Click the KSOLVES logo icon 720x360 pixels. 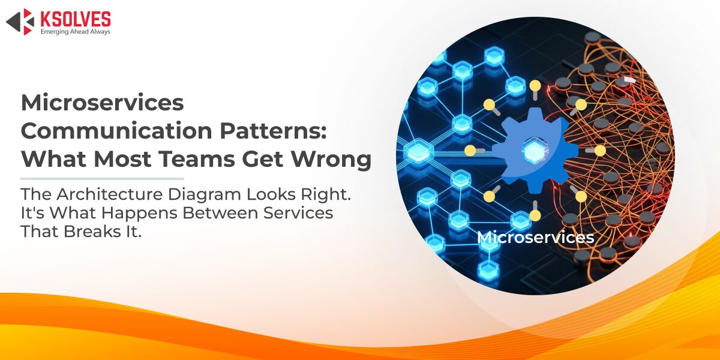[x=20, y=22]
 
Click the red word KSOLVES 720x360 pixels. [x=76, y=19]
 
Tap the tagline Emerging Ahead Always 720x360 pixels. [x=75, y=31]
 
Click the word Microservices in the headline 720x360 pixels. [x=102, y=103]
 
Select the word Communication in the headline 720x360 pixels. [x=116, y=131]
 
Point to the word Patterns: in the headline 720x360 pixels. [x=273, y=131]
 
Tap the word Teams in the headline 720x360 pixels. [x=196, y=159]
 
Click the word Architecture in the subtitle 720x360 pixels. [x=110, y=194]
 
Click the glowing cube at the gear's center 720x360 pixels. [x=534, y=151]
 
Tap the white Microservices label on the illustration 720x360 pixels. [x=535, y=238]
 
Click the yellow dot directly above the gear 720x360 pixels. [x=535, y=85]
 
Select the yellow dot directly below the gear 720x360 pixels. [x=535, y=215]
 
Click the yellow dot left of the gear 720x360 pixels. [x=470, y=151]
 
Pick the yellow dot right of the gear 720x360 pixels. [x=600, y=151]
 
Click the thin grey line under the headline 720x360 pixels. [x=102, y=178]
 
